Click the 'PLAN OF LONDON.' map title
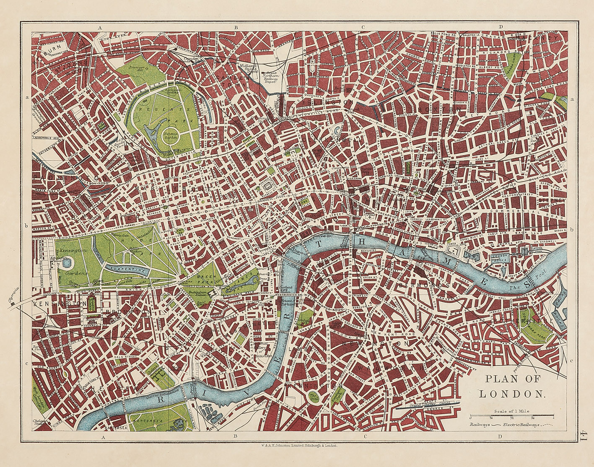(513, 386)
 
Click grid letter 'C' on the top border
(363, 27)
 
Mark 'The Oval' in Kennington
(313, 396)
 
